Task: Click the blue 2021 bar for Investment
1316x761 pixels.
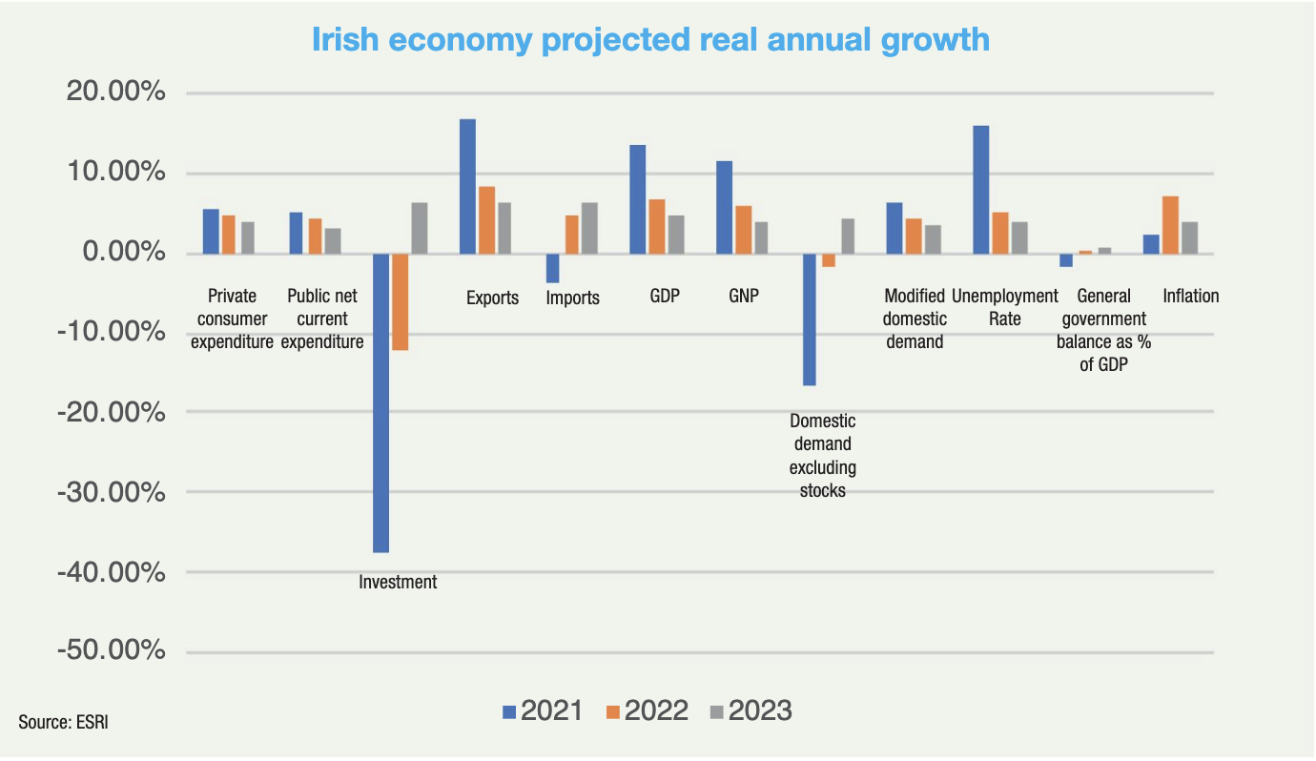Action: click(x=380, y=402)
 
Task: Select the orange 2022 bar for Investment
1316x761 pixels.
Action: click(x=400, y=301)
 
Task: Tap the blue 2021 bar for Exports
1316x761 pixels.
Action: click(x=467, y=186)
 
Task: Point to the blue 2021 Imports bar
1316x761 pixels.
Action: click(x=552, y=268)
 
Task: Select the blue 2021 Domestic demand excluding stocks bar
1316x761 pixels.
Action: click(x=810, y=319)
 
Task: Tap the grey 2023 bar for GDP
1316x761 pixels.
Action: click(x=676, y=235)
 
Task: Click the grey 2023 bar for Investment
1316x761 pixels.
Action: click(x=419, y=228)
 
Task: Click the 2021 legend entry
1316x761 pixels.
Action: click(x=542, y=711)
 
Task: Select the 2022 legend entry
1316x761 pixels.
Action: click(x=647, y=711)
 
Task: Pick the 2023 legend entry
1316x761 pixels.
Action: click(x=751, y=711)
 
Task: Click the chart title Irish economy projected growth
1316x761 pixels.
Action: click(x=651, y=39)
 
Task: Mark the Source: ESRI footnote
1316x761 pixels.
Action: click(x=56, y=722)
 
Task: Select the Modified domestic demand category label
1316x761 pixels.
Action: click(x=915, y=319)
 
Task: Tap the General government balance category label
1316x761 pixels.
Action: click(x=1104, y=330)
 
